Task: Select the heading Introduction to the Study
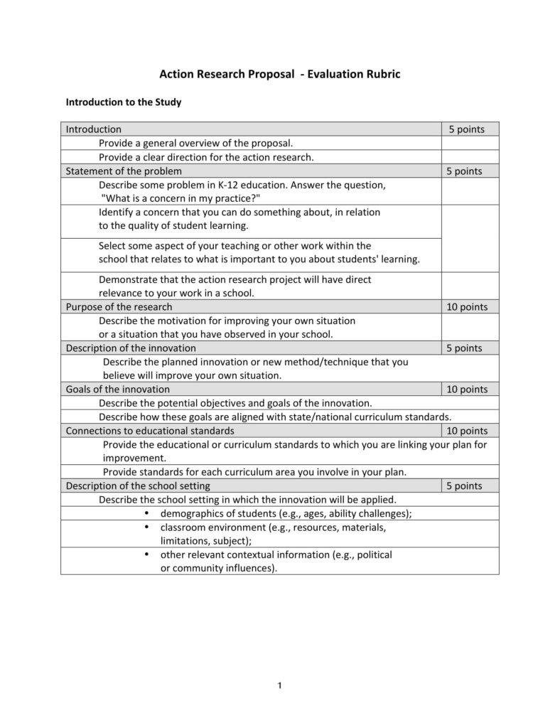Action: point(124,102)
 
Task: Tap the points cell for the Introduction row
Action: point(466,129)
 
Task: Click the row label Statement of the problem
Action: point(124,171)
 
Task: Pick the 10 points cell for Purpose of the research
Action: point(466,307)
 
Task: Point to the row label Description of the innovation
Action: point(131,348)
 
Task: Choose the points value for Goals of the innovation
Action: point(466,390)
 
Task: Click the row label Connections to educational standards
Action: point(150,431)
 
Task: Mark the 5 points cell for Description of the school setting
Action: point(466,486)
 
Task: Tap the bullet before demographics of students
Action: point(147,513)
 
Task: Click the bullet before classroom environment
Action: point(147,527)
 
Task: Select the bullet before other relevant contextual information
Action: point(147,554)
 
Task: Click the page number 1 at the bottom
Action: point(280,685)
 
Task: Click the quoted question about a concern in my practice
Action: point(181,198)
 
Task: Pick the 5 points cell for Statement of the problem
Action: point(466,171)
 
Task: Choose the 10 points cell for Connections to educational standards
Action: point(466,431)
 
